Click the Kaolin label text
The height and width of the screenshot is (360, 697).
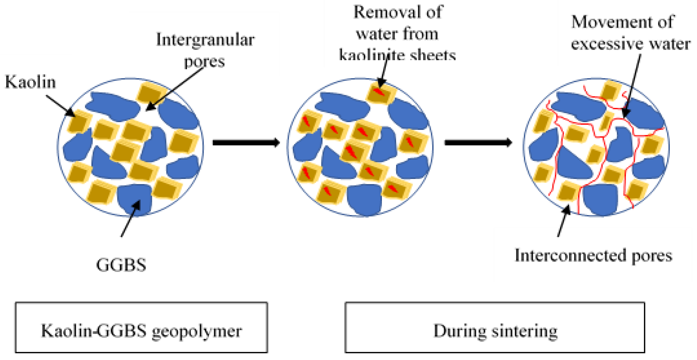[x=30, y=82]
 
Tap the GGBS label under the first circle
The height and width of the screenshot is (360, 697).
[x=121, y=265]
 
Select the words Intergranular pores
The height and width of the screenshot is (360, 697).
[x=205, y=50]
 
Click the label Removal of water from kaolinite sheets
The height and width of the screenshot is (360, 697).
[x=397, y=34]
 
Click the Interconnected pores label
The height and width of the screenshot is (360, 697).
[x=593, y=255]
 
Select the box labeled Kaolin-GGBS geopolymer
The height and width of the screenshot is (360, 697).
[x=141, y=328]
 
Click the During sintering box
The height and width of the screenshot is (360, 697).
[x=495, y=328]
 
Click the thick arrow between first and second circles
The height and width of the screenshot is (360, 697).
[x=246, y=142]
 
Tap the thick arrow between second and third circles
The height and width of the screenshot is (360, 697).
[x=478, y=142]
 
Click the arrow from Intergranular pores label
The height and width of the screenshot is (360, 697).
[x=175, y=89]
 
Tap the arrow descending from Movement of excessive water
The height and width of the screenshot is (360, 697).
[x=632, y=85]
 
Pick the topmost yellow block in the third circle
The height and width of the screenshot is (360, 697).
[x=610, y=90]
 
